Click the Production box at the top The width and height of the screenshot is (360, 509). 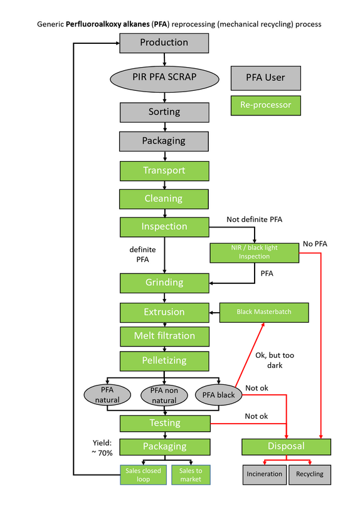pyautogui.click(x=164, y=43)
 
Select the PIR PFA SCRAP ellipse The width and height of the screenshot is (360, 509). pyautogui.click(x=164, y=79)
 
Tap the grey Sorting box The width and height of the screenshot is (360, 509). pyautogui.click(x=164, y=112)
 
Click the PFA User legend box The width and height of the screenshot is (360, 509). pyautogui.click(x=266, y=78)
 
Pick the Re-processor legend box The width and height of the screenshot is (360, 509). pyautogui.click(x=266, y=105)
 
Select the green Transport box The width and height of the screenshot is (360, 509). pyautogui.click(x=164, y=171)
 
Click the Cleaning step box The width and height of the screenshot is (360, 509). pyautogui.click(x=164, y=199)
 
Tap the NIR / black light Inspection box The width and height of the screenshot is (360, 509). pyautogui.click(x=255, y=253)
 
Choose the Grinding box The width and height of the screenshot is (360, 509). pyautogui.click(x=164, y=283)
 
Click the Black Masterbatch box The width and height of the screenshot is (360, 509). pyautogui.click(x=264, y=313)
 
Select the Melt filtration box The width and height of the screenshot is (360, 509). pyautogui.click(x=165, y=336)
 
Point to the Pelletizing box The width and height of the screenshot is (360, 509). pyautogui.click(x=164, y=361)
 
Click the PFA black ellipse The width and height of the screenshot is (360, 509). pyautogui.click(x=219, y=395)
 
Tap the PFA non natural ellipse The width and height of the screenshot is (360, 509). pyautogui.click(x=164, y=396)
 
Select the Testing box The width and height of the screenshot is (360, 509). pyautogui.click(x=165, y=423)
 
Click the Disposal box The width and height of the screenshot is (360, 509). pyautogui.click(x=286, y=447)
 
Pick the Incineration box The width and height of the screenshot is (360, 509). pyautogui.click(x=265, y=475)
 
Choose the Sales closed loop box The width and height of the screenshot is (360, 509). pyautogui.click(x=143, y=475)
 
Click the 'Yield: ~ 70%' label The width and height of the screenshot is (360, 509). pyautogui.click(x=102, y=448)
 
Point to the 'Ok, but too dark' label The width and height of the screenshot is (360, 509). pyautogui.click(x=275, y=360)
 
